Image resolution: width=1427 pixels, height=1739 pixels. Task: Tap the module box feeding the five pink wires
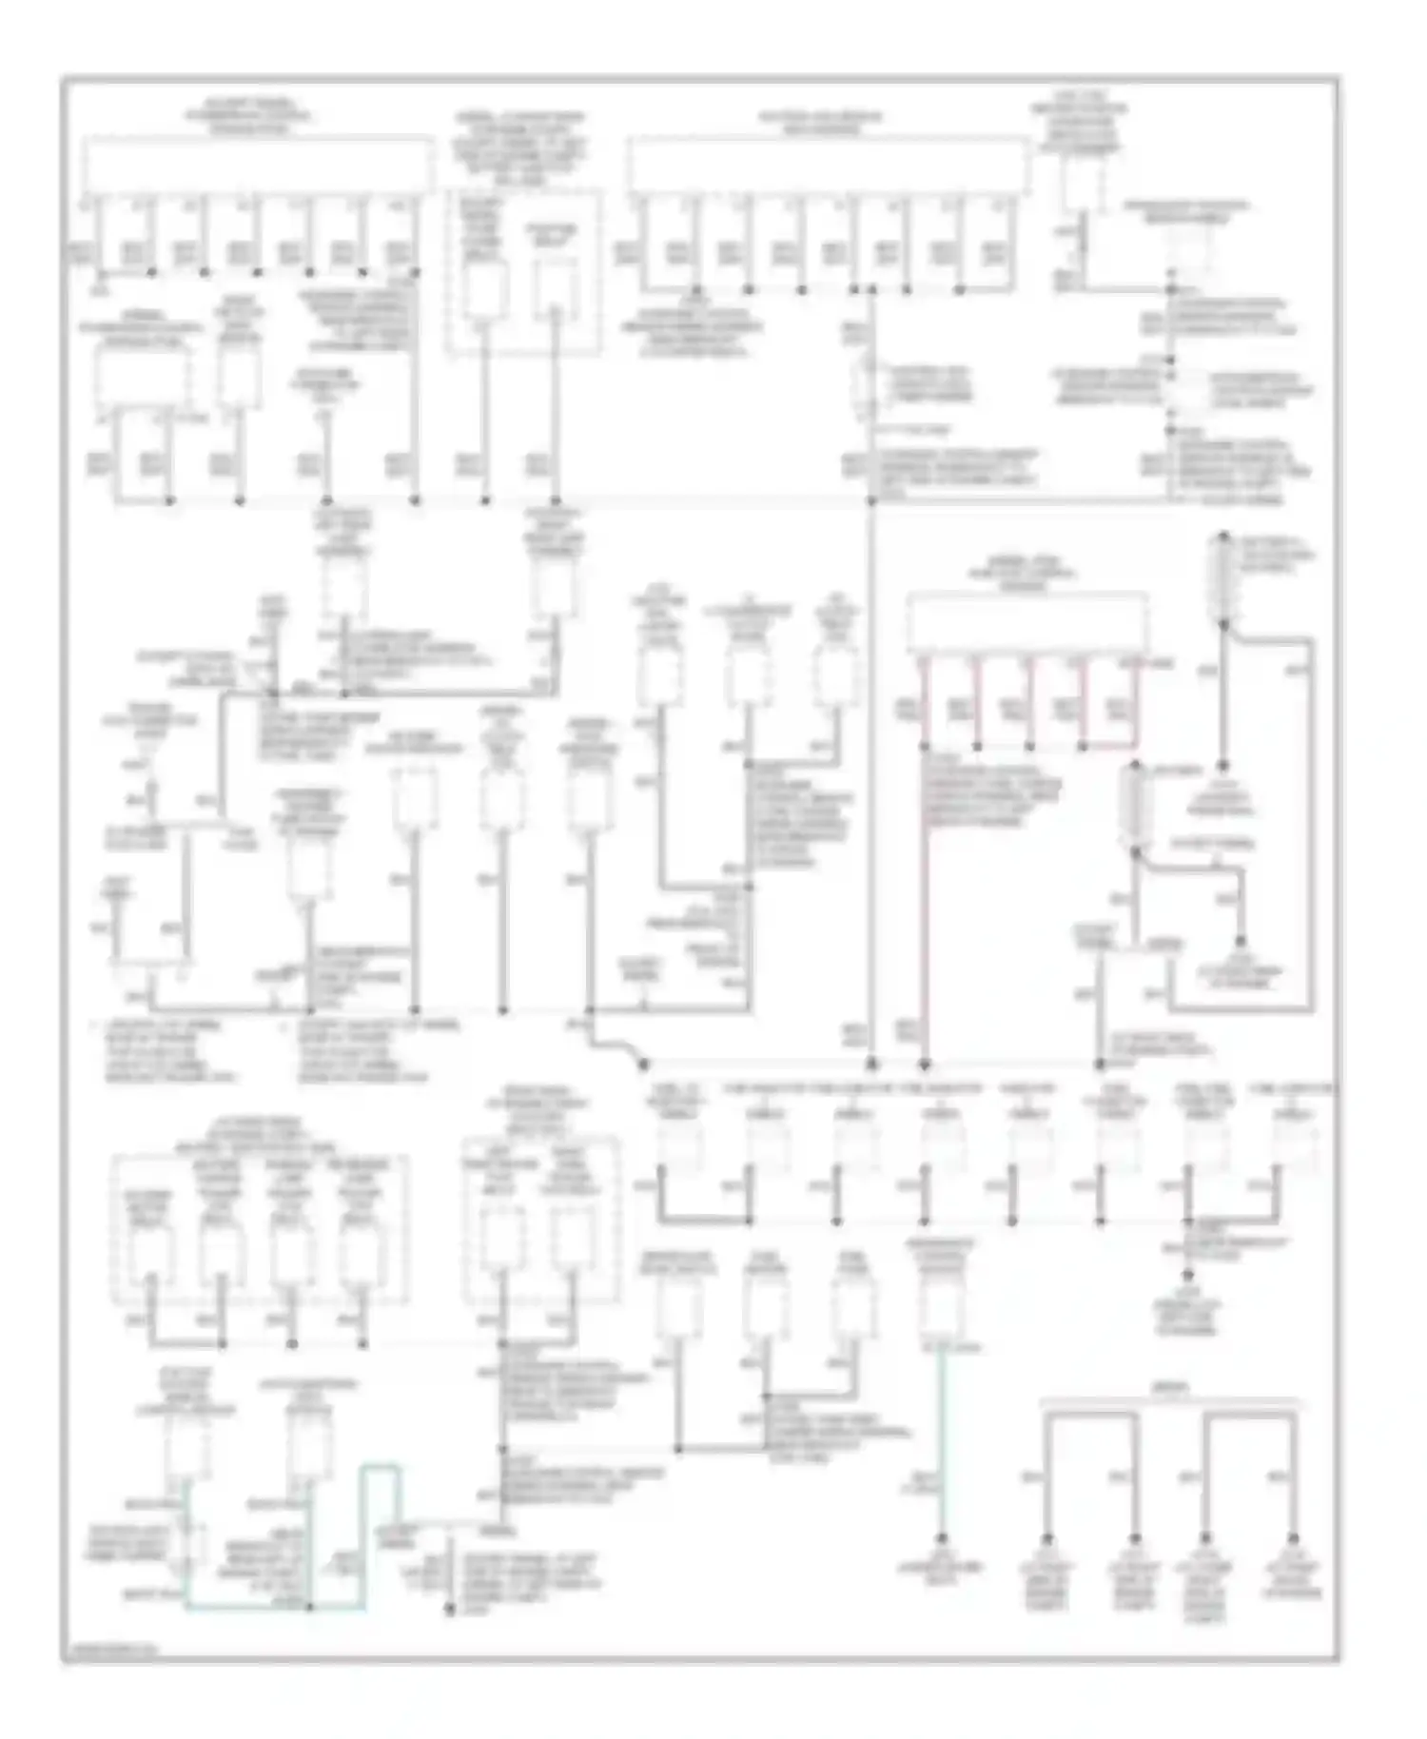1027,623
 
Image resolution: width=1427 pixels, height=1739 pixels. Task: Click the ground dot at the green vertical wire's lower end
942,1539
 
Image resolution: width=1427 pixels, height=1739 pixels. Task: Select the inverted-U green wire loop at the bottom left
381,1494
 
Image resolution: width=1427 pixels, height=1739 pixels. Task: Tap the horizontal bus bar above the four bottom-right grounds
1170,1403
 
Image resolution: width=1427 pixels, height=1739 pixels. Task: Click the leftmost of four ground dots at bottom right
1047,1539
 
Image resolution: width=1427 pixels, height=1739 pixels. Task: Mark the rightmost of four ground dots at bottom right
1294,1539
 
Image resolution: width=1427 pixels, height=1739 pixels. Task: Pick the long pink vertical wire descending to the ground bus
923,904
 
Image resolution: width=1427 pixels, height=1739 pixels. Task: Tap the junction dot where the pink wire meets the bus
923,1064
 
